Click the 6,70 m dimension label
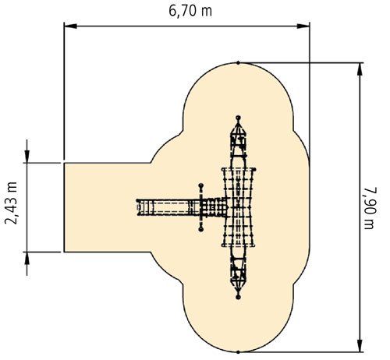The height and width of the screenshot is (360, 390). pyautogui.click(x=190, y=11)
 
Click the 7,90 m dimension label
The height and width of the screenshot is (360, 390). pyautogui.click(x=370, y=208)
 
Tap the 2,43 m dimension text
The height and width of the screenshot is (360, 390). pyautogui.click(x=11, y=203)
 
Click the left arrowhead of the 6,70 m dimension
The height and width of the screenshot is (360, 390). pyautogui.click(x=70, y=26)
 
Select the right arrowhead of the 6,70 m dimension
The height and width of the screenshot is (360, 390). pyautogui.click(x=303, y=26)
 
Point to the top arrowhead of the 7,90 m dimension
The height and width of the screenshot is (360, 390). pyautogui.click(x=360, y=69)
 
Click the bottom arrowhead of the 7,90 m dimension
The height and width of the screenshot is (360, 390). pyautogui.click(x=360, y=345)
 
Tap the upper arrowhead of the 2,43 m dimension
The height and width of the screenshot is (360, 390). pyautogui.click(x=27, y=157)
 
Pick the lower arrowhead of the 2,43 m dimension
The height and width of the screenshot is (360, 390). pyautogui.click(x=27, y=258)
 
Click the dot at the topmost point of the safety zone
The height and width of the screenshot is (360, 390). pyautogui.click(x=238, y=63)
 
